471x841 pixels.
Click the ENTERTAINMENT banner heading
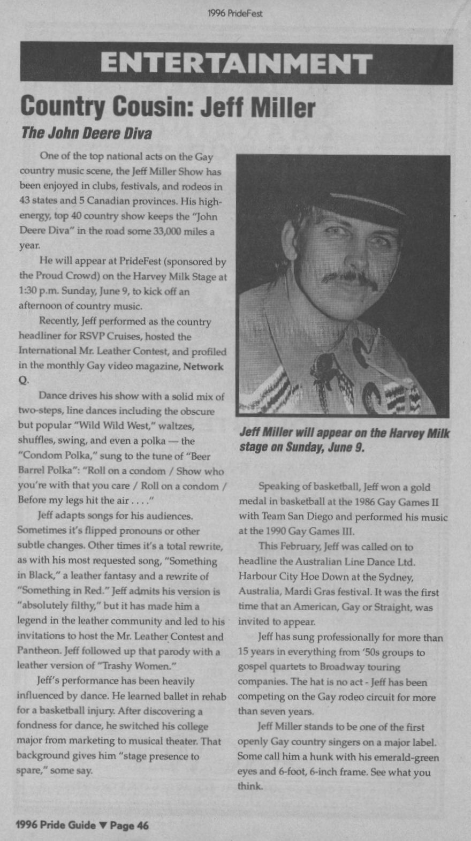pos(236,64)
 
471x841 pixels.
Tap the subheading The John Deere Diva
pos(86,133)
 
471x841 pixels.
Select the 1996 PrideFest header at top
pos(236,13)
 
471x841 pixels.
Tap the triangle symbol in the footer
pos(103,825)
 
